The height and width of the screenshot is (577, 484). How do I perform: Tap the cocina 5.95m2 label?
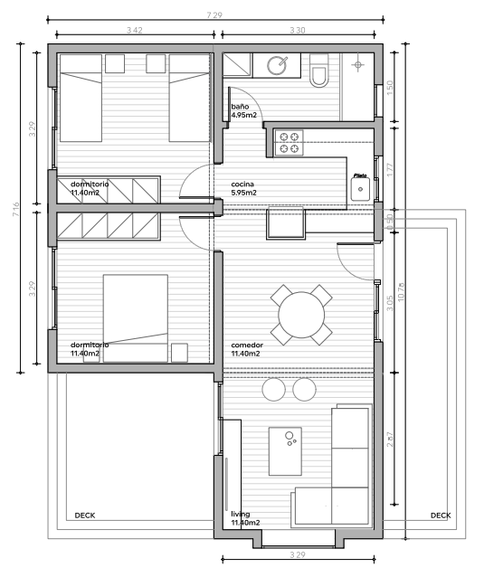244,188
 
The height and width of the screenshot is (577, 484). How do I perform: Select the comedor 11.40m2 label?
246,349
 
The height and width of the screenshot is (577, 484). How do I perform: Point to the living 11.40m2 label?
245,518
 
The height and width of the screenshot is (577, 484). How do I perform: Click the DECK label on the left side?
84,516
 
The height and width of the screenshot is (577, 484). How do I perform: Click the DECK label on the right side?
441,516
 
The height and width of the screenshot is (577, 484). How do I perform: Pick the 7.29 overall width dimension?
214,15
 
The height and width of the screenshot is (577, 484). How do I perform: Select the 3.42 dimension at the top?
135,31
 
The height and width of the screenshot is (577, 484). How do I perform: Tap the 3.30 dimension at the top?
297,31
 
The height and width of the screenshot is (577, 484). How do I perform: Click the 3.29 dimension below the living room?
297,553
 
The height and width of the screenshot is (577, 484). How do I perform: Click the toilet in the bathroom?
320,71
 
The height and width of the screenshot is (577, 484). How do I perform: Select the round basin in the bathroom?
278,64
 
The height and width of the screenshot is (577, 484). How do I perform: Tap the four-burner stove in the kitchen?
290,141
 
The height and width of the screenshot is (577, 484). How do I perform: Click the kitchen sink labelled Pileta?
360,188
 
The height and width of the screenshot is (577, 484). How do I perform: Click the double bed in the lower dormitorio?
135,317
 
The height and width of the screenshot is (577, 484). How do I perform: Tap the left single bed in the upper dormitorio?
81,98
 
